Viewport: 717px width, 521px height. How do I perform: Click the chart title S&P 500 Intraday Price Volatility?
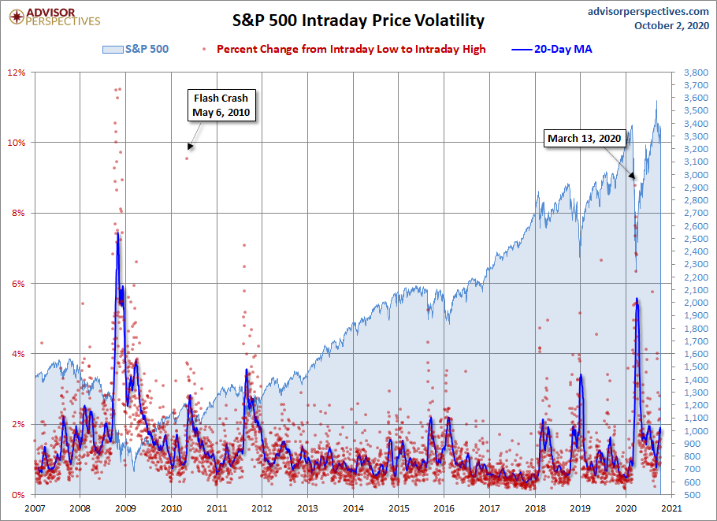point(358,20)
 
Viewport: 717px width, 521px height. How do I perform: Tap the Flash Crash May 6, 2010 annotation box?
point(221,106)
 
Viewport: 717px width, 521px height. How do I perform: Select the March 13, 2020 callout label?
point(585,139)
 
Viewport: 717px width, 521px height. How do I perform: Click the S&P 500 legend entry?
point(136,49)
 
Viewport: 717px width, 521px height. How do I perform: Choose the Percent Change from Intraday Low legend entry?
point(345,49)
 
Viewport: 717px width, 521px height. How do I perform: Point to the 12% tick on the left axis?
point(17,73)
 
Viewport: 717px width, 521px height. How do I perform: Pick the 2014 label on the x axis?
point(354,508)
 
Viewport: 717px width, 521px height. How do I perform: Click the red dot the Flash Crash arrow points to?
point(187,158)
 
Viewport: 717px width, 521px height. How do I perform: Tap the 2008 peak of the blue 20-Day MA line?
point(117,233)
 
